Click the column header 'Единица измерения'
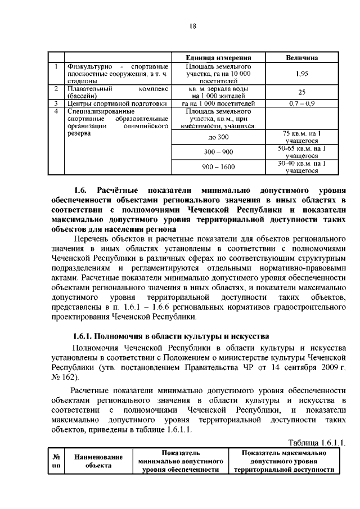tap(218, 58)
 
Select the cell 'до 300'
tap(218, 137)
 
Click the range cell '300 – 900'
tap(218, 152)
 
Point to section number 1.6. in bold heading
tap(83, 190)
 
